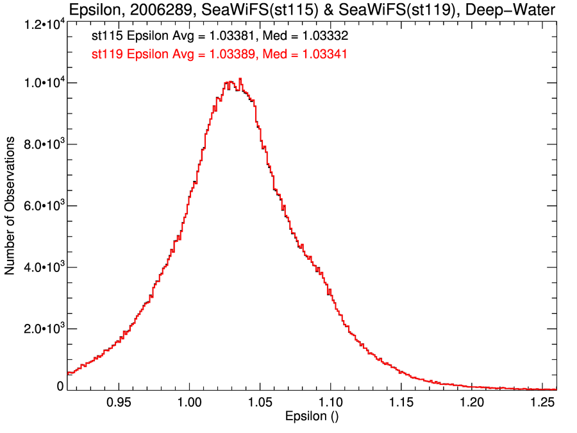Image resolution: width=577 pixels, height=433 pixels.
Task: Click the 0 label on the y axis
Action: coord(60,386)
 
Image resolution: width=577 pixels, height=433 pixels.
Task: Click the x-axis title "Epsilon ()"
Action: coord(312,417)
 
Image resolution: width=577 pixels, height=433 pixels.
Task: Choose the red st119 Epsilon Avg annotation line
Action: coord(220,55)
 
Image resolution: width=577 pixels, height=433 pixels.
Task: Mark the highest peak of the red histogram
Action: coord(240,79)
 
